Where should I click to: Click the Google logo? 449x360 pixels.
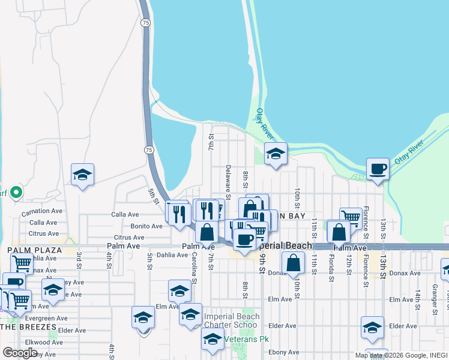pyautogui.click(x=20, y=353)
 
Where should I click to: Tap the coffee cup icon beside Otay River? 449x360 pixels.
pyautogui.click(x=378, y=169)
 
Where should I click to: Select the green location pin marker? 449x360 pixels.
pyautogui.click(x=17, y=193)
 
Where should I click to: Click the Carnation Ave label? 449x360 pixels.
pyautogui.click(x=42, y=212)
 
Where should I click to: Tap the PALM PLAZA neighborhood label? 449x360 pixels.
pyautogui.click(x=34, y=250)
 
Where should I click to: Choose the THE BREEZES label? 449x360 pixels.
pyautogui.click(x=28, y=327)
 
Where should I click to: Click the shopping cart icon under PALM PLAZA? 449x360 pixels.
pyautogui.click(x=22, y=262)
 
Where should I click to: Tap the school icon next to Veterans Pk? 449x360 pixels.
pyautogui.click(x=212, y=340)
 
